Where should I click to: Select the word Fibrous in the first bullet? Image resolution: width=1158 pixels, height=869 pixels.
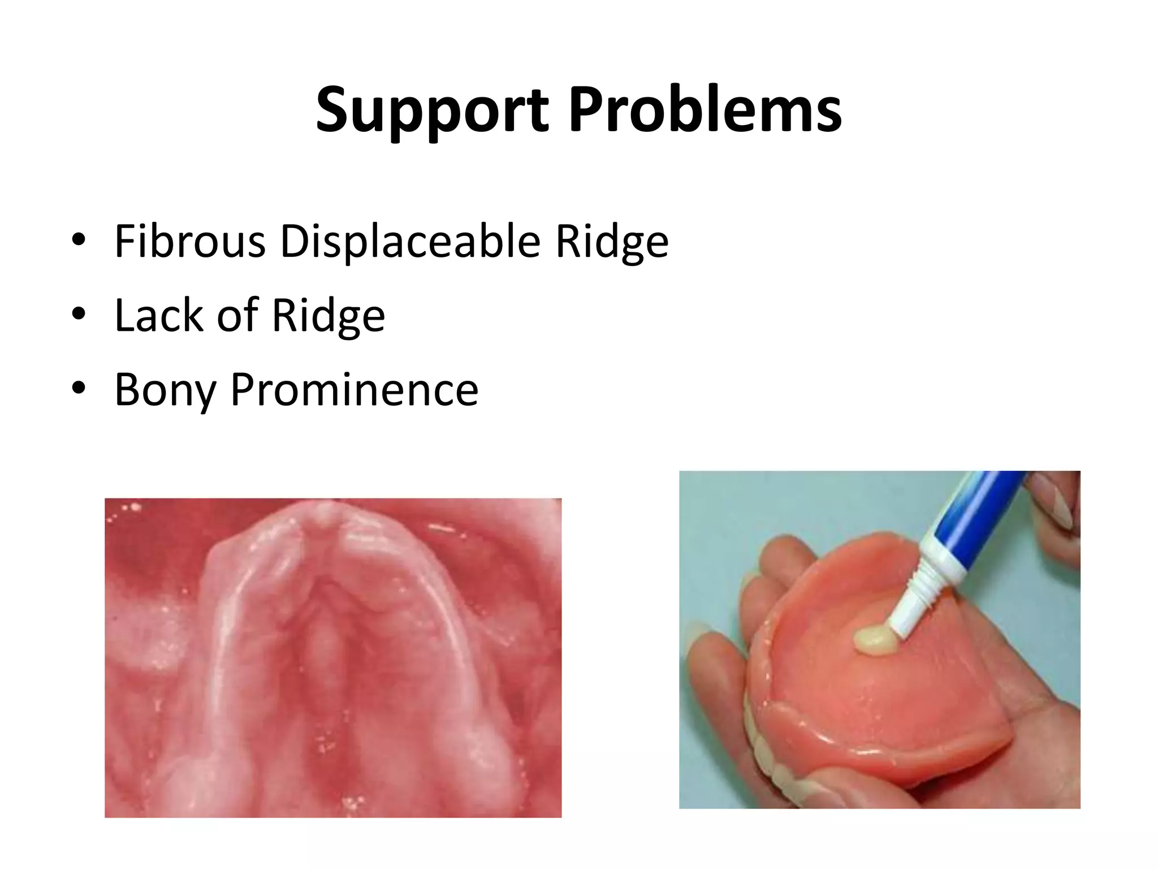point(190,242)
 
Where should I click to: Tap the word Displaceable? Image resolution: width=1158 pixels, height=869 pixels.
point(410,242)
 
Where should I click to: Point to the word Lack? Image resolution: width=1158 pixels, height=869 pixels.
point(159,315)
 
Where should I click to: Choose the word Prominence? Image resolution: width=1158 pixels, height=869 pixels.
point(355,390)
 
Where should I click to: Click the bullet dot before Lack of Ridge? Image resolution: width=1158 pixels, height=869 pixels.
point(79,313)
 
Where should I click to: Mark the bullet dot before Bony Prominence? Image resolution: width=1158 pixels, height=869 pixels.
point(79,388)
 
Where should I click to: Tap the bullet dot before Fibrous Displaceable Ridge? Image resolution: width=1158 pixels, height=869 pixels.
point(79,240)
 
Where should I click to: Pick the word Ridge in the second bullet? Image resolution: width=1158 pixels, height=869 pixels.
point(328,315)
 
